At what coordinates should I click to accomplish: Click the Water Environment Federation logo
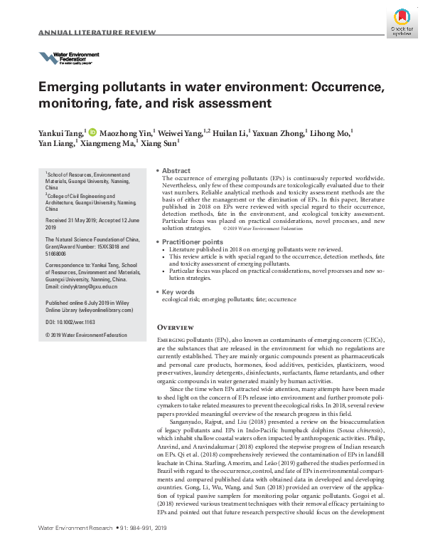(68, 58)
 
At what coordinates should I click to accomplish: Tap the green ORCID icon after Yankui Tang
(92, 132)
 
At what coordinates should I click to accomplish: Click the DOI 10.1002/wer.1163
(75, 322)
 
